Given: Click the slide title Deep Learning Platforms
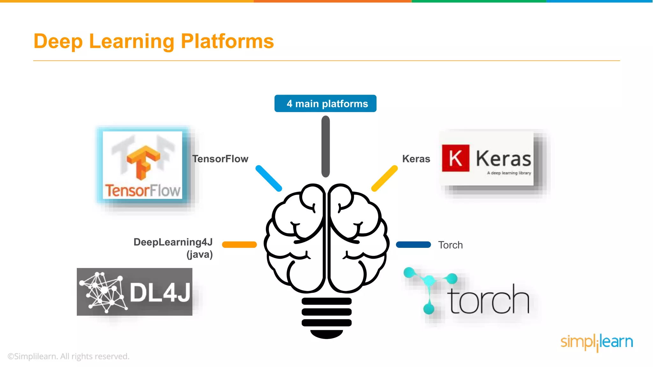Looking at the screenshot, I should click(x=154, y=41).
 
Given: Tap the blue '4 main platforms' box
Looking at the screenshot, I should click(x=325, y=104).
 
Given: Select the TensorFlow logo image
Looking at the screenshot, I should click(x=143, y=165).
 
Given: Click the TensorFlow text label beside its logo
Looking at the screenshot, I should click(x=220, y=159).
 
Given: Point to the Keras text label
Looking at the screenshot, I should click(x=416, y=159).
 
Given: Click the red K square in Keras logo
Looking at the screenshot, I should click(x=455, y=158).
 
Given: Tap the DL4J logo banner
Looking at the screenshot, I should click(x=135, y=292).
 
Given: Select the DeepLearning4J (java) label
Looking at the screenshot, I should click(x=173, y=248).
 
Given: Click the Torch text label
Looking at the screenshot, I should click(x=450, y=245).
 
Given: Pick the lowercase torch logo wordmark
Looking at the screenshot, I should click(x=489, y=299).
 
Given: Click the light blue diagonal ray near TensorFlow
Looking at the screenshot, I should click(x=269, y=178).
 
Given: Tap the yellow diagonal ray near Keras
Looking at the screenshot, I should click(x=385, y=178).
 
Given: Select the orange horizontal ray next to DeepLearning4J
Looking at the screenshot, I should click(x=239, y=245).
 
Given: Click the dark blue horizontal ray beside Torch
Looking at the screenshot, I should click(x=413, y=245).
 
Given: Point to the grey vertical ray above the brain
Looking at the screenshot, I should click(x=326, y=147).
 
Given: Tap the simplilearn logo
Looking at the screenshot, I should click(x=597, y=342).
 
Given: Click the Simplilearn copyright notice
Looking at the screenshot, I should click(x=69, y=356).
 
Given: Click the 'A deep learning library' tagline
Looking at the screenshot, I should click(x=509, y=173).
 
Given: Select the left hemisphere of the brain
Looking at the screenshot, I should click(x=295, y=239).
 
